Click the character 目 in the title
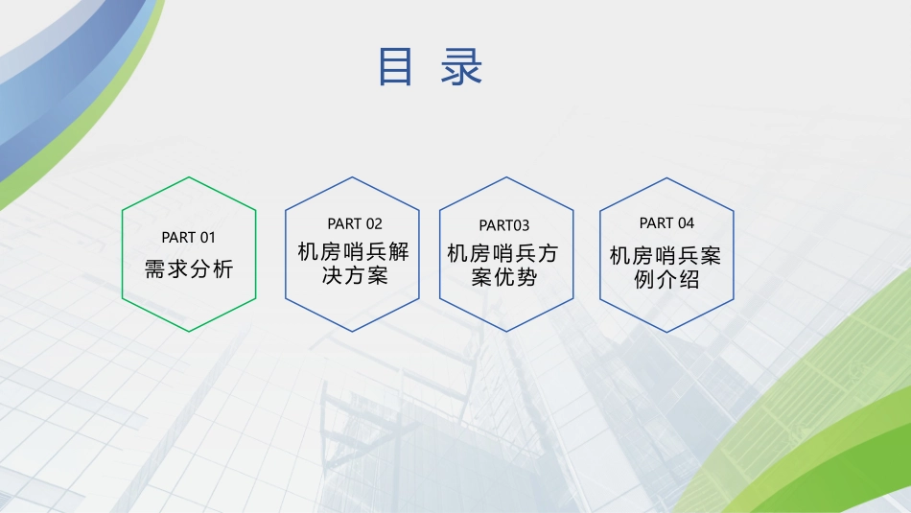tap(395, 67)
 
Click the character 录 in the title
tap(461, 67)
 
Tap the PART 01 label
tap(189, 237)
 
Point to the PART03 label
tap(504, 225)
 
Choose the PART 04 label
tap(666, 222)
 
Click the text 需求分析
tap(189, 268)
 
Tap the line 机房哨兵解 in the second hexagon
tap(354, 253)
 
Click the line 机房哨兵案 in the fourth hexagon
tap(666, 256)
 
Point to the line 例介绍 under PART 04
tap(666, 280)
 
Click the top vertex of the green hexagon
tap(189, 177)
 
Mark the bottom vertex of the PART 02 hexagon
tap(354, 332)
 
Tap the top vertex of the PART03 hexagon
tap(505, 177)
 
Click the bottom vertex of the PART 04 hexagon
tap(666, 332)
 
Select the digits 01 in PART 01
tap(208, 237)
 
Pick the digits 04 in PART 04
tap(686, 222)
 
